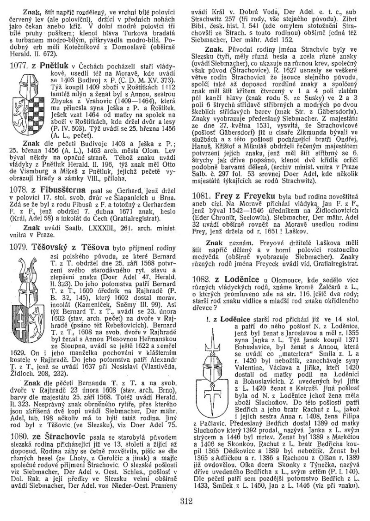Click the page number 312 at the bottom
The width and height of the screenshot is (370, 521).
[x=184, y=508]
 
